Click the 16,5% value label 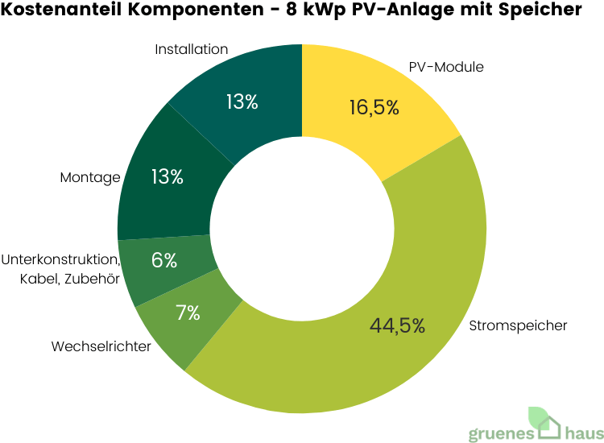tap(374, 107)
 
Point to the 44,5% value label tap(397, 325)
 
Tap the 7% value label tap(188, 313)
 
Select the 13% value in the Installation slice tap(242, 102)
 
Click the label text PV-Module tap(447, 67)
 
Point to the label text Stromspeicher tap(518, 325)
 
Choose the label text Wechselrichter tap(101, 347)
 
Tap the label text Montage tap(90, 177)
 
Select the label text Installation tap(192, 49)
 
